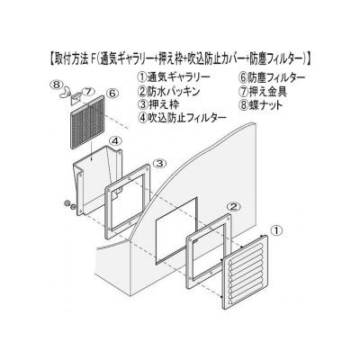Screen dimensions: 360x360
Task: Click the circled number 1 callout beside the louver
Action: [x=276, y=230]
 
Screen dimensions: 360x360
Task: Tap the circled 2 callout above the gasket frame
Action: [x=234, y=206]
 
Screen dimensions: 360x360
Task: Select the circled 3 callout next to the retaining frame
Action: [x=159, y=163]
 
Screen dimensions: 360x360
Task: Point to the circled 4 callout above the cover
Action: [x=116, y=140]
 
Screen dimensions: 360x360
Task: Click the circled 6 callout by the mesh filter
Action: [x=112, y=94]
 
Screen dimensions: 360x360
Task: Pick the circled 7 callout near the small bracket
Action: [x=86, y=92]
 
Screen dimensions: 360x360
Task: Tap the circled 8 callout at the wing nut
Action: [x=56, y=85]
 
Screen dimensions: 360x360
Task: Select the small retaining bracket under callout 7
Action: [x=75, y=98]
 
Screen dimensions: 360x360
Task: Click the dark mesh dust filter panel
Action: [x=87, y=122]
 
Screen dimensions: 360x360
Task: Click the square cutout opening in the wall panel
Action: [x=175, y=231]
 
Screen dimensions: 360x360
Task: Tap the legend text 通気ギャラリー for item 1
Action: [x=178, y=77]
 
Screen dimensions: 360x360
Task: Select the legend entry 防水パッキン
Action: [x=173, y=91]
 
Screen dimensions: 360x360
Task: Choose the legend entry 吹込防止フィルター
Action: [x=186, y=118]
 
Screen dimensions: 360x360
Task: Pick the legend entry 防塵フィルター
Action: [x=276, y=77]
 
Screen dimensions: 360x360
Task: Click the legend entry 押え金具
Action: [x=267, y=91]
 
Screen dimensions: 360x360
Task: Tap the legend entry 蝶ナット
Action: [x=265, y=105]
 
